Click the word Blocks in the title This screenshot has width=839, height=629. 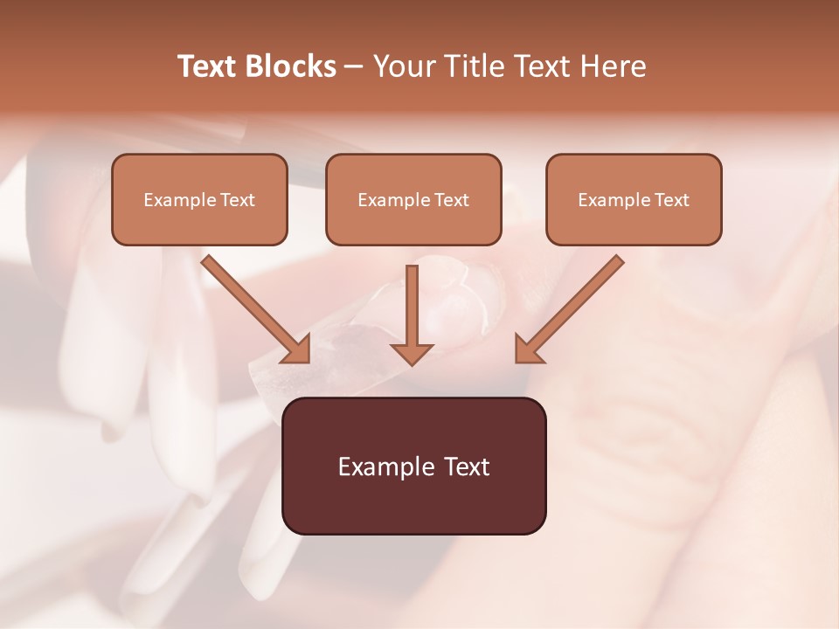pos(292,66)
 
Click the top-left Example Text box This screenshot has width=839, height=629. pos(199,199)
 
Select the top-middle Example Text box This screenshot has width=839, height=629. pos(413,199)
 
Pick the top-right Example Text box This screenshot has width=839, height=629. pos(634,199)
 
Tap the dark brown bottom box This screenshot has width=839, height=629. pos(413,466)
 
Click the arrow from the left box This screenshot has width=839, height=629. pos(253,308)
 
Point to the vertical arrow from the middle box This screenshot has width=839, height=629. pos(412,310)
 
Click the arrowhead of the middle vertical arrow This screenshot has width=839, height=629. pos(412,351)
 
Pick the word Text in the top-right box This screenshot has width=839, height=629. pos(671,200)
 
